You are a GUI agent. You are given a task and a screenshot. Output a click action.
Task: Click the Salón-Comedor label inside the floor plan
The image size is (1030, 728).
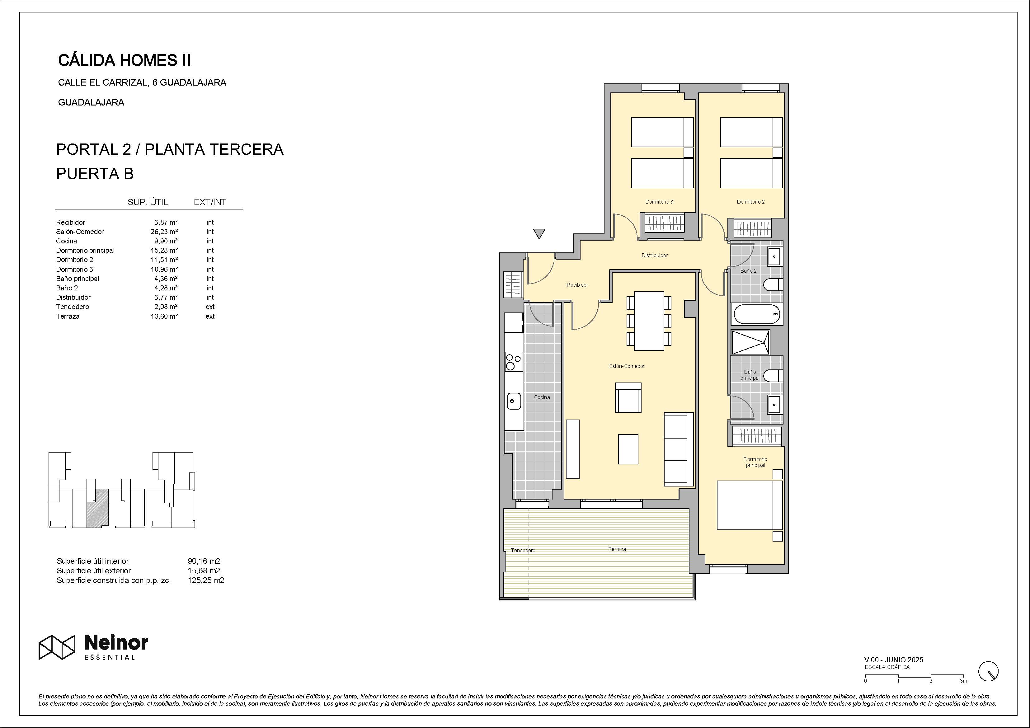(627, 366)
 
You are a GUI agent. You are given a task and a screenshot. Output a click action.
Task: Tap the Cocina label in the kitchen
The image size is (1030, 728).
(542, 397)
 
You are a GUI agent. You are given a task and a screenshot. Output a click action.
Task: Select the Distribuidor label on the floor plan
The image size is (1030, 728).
(655, 255)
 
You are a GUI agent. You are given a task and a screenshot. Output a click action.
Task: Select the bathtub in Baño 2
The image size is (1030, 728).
(757, 314)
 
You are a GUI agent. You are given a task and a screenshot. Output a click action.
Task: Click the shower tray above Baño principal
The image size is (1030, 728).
(750, 342)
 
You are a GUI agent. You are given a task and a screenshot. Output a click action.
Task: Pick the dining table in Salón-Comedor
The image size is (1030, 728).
(649, 321)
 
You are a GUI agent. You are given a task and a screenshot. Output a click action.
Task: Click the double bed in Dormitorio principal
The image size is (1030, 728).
(750, 505)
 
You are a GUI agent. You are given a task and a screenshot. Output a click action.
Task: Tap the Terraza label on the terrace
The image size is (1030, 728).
(617, 549)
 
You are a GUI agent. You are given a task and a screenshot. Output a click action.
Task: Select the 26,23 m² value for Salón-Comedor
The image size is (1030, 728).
(164, 232)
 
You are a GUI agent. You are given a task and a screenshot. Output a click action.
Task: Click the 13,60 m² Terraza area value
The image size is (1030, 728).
(164, 316)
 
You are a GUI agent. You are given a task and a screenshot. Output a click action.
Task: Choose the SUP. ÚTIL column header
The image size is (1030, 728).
(148, 202)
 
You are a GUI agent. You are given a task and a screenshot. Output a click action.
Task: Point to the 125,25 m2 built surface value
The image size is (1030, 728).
(206, 580)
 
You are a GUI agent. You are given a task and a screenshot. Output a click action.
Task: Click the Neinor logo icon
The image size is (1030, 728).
(57, 647)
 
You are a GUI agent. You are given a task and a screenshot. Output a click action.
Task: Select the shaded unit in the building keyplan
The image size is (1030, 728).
(97, 507)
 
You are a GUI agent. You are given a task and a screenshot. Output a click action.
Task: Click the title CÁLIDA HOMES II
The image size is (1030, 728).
(125, 60)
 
